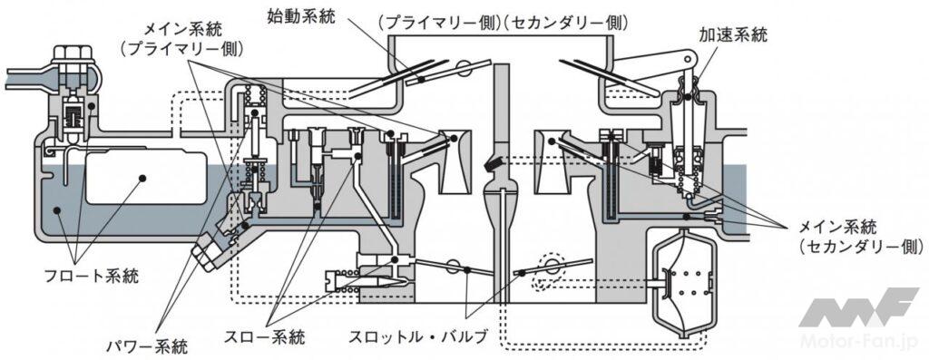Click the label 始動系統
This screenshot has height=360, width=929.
point(302,17)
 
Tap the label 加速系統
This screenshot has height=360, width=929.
point(733,35)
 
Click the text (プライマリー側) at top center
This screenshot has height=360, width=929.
point(440,23)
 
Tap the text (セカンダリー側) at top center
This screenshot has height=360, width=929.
point(566,23)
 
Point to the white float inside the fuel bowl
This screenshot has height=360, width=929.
point(146,177)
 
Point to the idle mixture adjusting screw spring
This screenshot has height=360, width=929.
point(342,281)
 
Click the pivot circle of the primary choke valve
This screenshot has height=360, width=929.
point(465,68)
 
